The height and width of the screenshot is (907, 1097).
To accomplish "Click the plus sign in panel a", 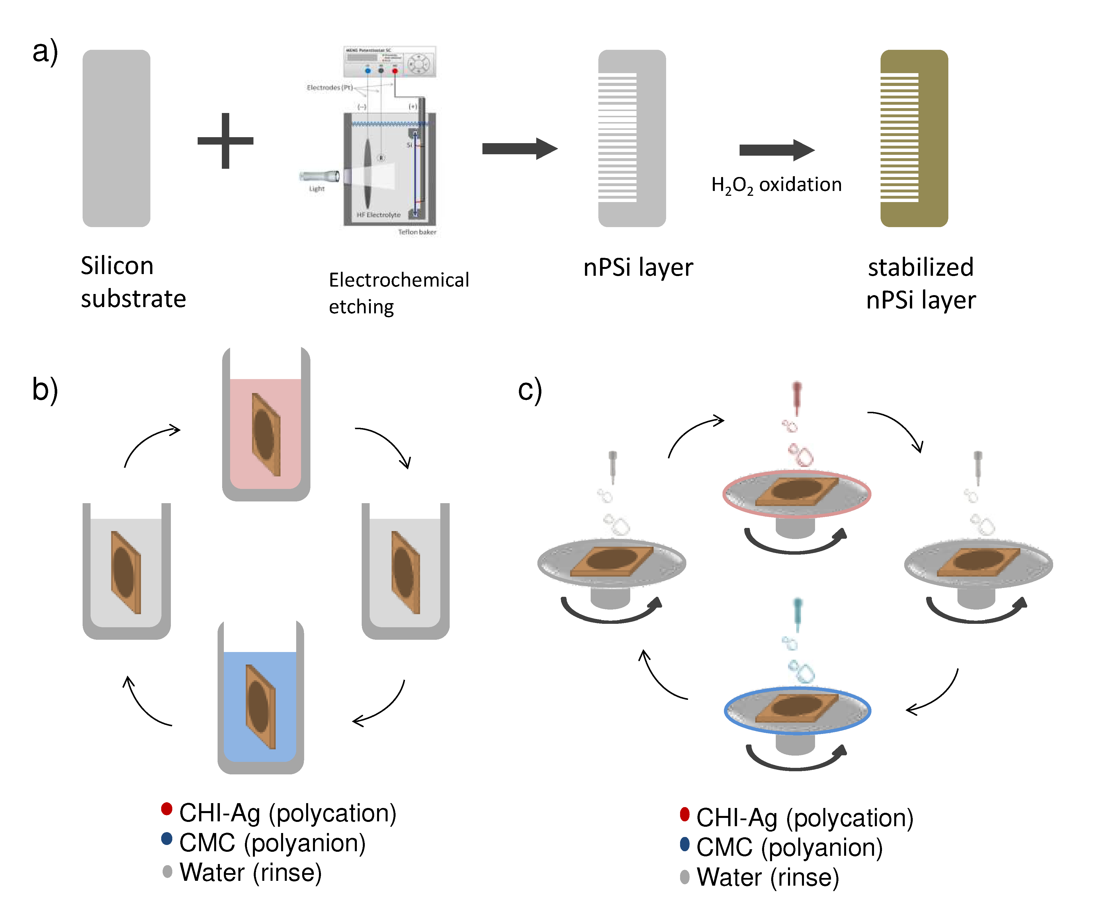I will click(225, 141).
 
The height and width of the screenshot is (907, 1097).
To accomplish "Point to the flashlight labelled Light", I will click(320, 176).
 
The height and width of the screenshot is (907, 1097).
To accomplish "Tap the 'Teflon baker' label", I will click(417, 232).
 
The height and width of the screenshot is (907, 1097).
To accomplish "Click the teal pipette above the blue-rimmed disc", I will click(797, 614).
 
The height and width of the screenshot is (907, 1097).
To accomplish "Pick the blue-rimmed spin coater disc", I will click(797, 711).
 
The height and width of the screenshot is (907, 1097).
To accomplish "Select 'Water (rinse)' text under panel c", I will click(768, 877).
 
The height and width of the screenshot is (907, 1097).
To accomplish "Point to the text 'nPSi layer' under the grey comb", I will click(638, 267).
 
